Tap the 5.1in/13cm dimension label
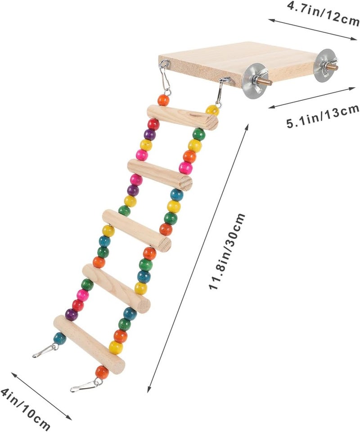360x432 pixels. click(323, 117)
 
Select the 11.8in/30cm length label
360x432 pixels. click(227, 251)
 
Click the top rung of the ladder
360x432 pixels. click(182, 117)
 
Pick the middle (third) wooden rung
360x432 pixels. click(137, 230)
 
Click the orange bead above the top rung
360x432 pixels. click(163, 100)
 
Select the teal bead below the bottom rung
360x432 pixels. click(60, 338)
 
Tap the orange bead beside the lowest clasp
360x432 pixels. click(102, 372)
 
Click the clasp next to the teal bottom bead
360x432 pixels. click(45, 351)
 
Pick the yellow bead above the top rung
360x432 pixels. click(212, 110)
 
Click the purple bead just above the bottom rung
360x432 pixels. click(72, 315)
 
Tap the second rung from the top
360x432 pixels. click(160, 175)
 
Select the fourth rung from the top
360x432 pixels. click(116, 288)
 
